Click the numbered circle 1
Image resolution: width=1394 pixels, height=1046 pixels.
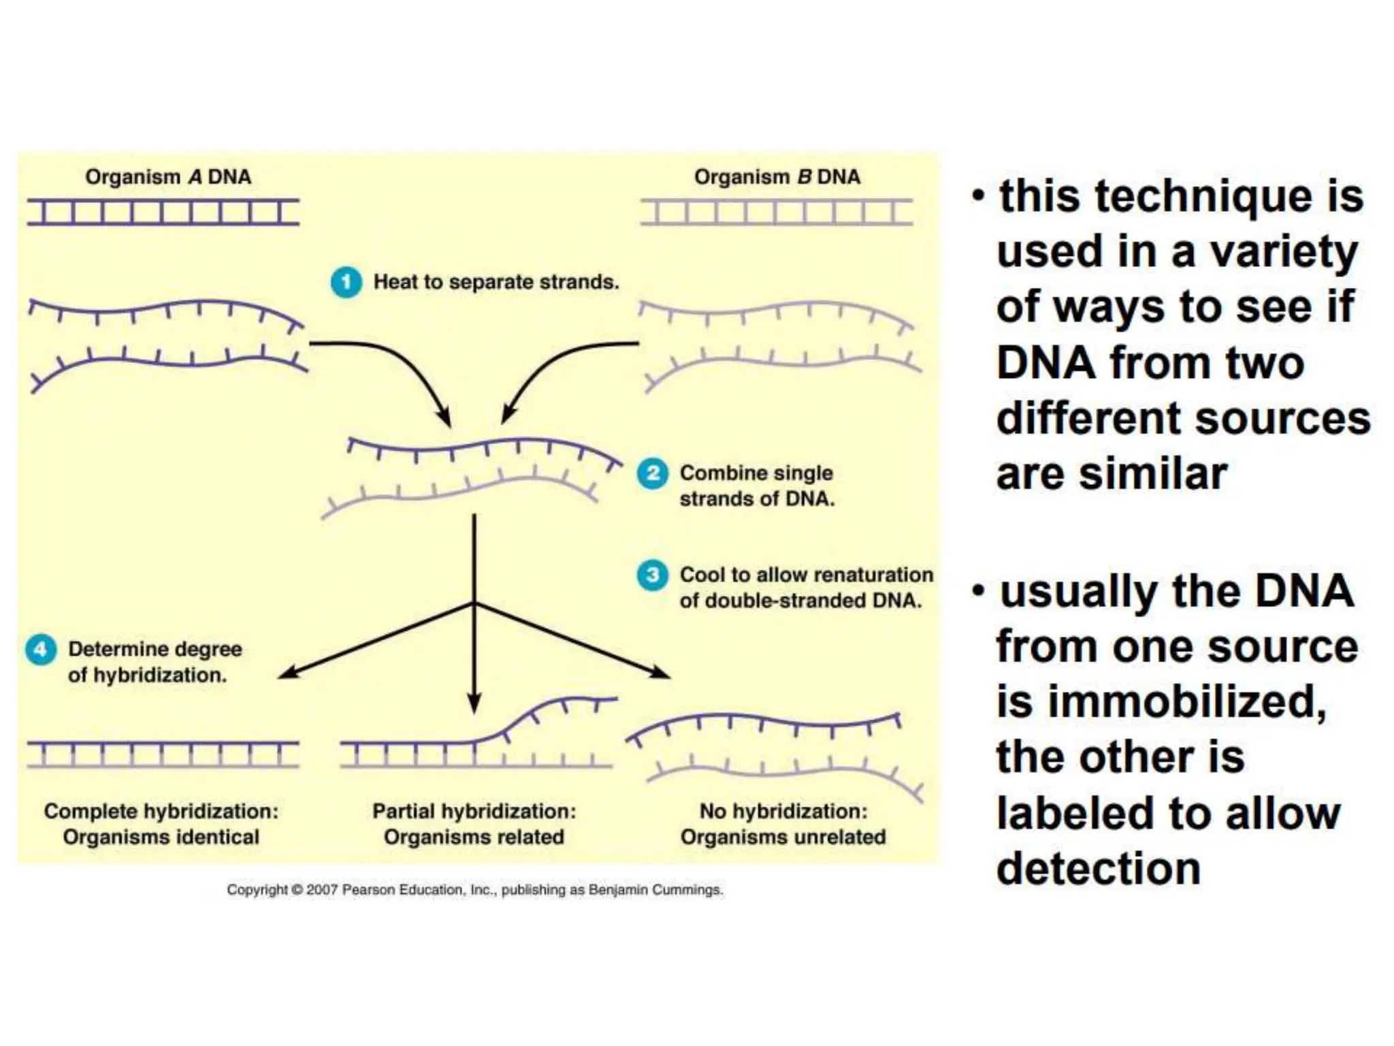346,282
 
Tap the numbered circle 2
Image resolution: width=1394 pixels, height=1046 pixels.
652,473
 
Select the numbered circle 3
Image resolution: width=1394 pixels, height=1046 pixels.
652,575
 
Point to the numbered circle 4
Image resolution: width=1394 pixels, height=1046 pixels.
41,650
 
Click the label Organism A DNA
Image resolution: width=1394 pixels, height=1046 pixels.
168,177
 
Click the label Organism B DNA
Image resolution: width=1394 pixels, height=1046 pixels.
777,177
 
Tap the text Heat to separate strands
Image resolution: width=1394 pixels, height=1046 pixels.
496,282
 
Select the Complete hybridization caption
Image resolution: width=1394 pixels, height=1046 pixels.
161,812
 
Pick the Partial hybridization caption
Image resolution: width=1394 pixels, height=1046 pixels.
474,812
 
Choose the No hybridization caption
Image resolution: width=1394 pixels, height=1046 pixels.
783,812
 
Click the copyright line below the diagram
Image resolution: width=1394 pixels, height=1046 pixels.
474,890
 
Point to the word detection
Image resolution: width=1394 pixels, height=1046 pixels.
1099,869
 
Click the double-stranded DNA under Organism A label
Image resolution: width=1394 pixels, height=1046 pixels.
163,212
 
